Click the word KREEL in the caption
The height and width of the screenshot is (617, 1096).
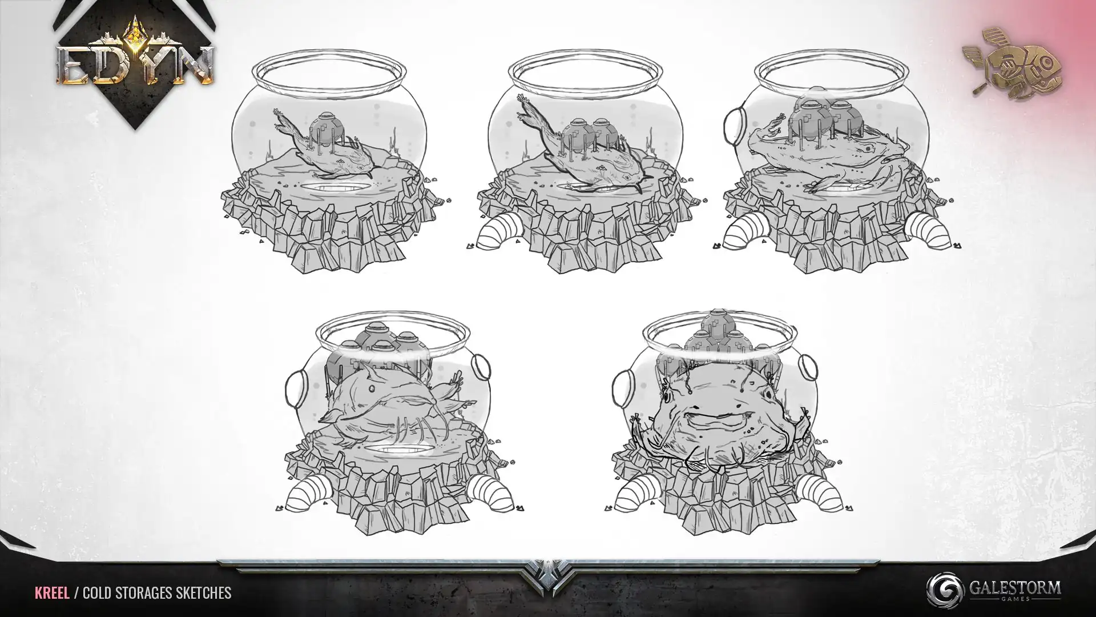pos(52,592)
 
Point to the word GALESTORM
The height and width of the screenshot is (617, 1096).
pos(1015,587)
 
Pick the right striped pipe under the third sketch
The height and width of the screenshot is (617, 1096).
pos(930,231)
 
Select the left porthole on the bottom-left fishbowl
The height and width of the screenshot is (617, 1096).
pos(294,387)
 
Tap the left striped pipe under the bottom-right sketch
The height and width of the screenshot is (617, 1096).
pos(636,495)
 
